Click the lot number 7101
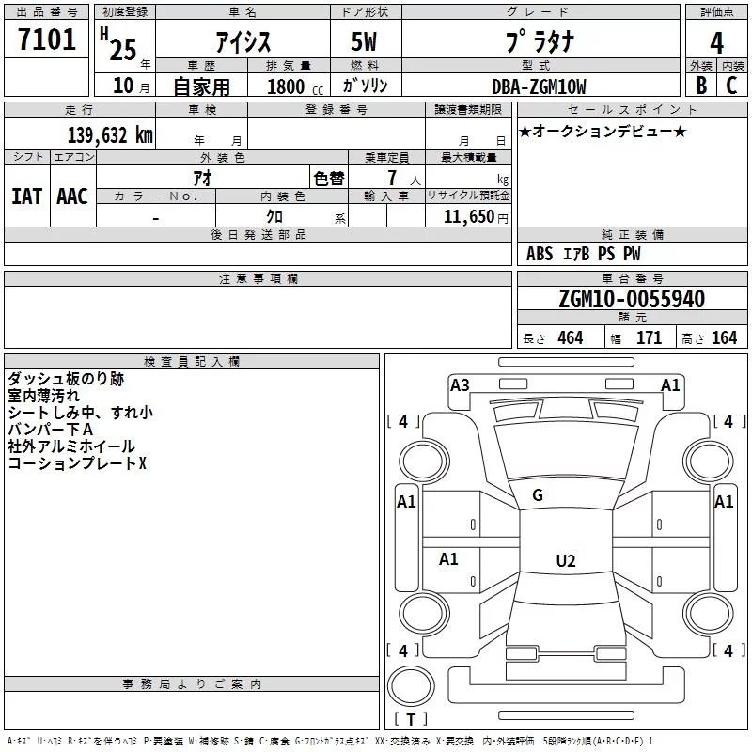click(47, 39)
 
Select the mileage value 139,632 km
click(110, 135)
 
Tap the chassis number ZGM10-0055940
click(631, 299)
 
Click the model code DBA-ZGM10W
click(540, 86)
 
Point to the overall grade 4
click(716, 42)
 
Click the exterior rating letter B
click(700, 86)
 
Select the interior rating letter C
click(731, 86)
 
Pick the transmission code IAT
click(26, 196)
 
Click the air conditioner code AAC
click(71, 196)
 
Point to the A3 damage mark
click(460, 384)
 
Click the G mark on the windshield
click(538, 495)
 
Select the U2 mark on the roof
click(565, 561)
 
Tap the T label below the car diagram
click(410, 719)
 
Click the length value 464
click(570, 338)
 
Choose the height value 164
click(724, 338)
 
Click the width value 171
click(649, 338)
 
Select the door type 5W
click(365, 42)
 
